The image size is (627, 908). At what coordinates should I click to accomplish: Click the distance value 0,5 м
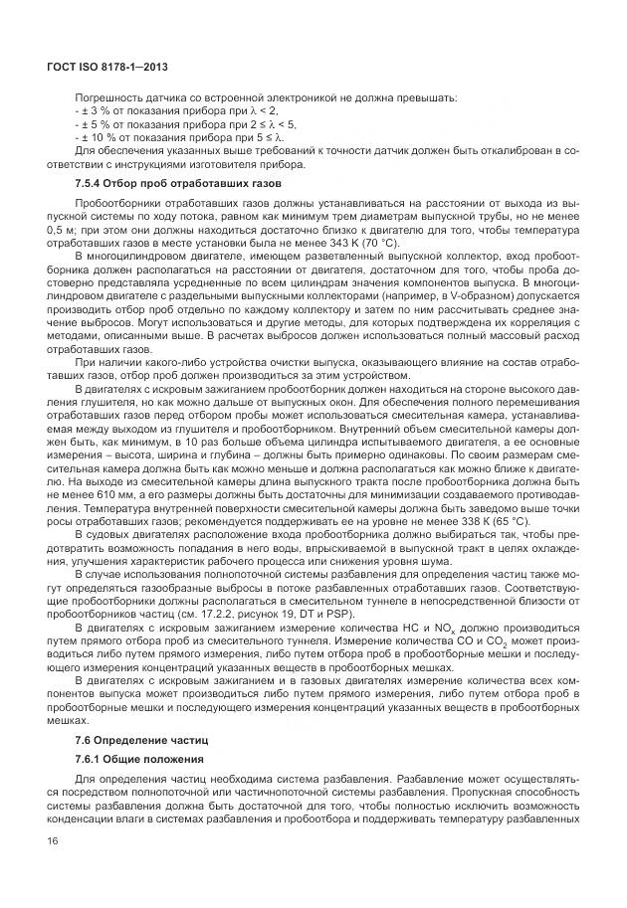point(61,229)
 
